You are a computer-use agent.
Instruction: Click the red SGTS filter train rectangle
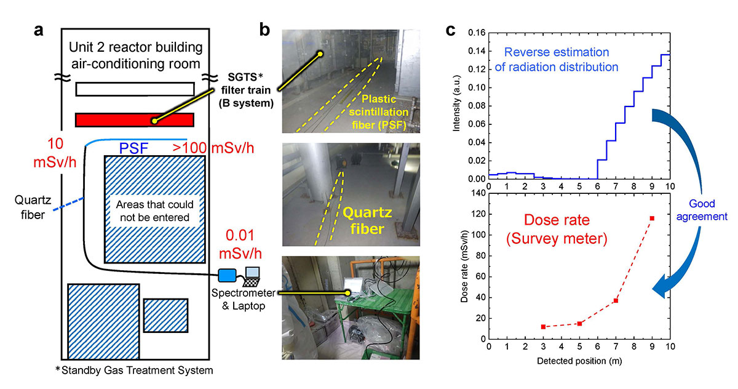pyautogui.click(x=111, y=119)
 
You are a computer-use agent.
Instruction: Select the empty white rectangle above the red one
pyautogui.click(x=135, y=89)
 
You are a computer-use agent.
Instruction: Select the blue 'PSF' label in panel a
pyautogui.click(x=133, y=148)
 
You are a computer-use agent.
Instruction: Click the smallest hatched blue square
pyautogui.click(x=165, y=316)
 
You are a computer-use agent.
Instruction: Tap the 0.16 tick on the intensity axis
pyautogui.click(x=477, y=32)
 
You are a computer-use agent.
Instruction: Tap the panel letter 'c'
pyautogui.click(x=450, y=29)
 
